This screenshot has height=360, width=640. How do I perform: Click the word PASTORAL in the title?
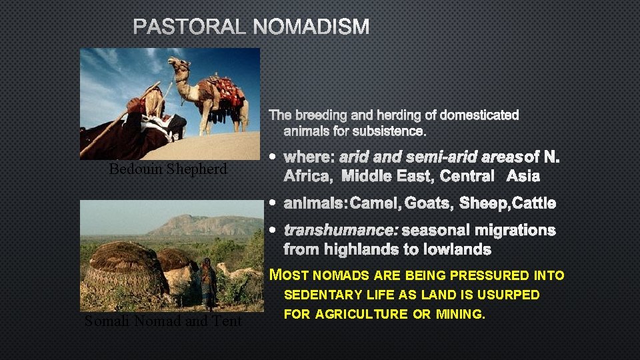(x=191, y=27)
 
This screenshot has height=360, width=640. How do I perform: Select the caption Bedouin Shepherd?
(x=168, y=169)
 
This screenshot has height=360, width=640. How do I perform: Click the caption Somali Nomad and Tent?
(x=163, y=321)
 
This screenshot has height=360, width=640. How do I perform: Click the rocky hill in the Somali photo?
(x=200, y=225)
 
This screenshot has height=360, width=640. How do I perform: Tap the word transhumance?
(x=341, y=230)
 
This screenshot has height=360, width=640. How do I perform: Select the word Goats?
(x=428, y=203)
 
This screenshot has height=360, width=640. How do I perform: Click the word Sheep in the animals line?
(x=483, y=203)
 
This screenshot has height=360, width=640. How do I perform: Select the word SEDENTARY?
(x=322, y=295)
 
